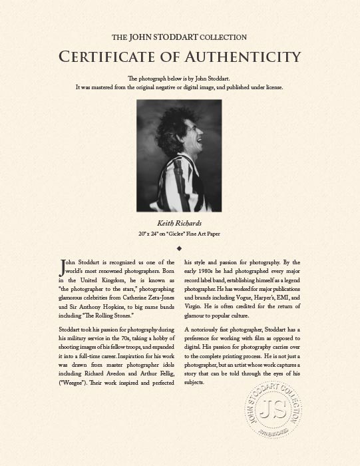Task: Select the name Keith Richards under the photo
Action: [180, 224]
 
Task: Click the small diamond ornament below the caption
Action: [180, 248]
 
